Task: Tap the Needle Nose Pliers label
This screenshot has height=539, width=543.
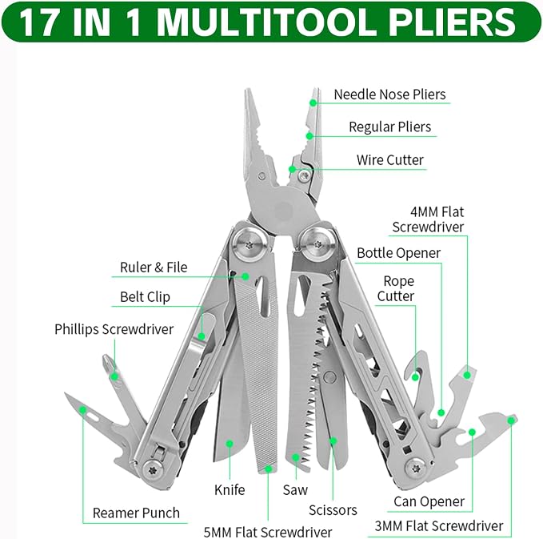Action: [x=389, y=95]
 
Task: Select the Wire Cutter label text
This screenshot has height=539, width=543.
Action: [x=390, y=160]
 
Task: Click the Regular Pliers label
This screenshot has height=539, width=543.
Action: [x=390, y=127]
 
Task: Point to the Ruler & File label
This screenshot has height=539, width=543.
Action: [x=154, y=267]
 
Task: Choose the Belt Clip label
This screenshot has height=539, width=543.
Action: [x=145, y=297]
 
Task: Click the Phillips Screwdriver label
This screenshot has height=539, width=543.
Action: [x=114, y=329]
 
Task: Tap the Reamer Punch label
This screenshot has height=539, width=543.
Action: [x=136, y=513]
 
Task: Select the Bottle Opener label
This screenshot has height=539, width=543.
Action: [x=398, y=253]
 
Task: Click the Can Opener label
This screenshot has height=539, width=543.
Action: [x=429, y=501]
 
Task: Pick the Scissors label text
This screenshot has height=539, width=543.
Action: [x=333, y=510]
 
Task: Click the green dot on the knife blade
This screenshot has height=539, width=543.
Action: [x=229, y=444]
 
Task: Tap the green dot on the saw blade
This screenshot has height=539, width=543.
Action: [x=295, y=457]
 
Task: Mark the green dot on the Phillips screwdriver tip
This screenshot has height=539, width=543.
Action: [x=114, y=376]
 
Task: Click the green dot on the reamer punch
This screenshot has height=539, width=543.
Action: [x=82, y=409]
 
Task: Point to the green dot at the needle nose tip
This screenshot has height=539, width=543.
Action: [x=313, y=103]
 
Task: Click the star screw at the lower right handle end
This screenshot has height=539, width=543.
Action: [x=416, y=469]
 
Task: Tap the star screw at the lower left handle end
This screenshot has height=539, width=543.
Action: [x=152, y=470]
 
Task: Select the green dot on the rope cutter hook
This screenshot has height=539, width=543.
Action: [x=415, y=376]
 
